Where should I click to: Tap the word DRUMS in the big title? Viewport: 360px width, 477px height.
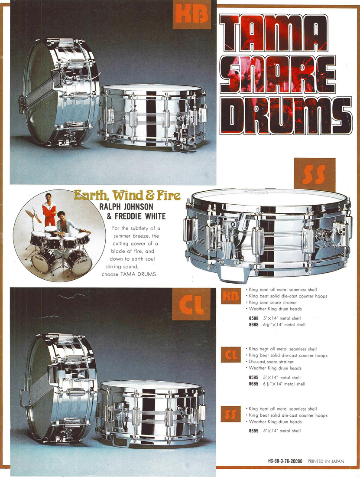coord(285,116)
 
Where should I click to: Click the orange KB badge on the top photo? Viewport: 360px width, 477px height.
coord(192,15)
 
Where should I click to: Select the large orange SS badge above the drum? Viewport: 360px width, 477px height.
coord(315,174)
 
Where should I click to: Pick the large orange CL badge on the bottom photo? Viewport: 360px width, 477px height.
coord(191,304)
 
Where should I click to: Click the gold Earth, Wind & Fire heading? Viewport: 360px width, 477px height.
coord(127,195)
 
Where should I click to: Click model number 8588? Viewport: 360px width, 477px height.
coord(254,318)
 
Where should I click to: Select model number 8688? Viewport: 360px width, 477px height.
coord(254,325)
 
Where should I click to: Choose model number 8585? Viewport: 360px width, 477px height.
coord(254,378)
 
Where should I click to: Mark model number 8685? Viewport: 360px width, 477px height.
coord(254,384)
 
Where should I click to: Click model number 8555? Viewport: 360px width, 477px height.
coord(254,431)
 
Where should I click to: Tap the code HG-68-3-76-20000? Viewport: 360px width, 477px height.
coord(285,461)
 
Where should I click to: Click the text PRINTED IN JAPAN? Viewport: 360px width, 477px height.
coord(326,461)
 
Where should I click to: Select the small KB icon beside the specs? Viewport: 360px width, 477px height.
coord(231,296)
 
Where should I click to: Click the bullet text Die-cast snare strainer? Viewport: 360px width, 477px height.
coord(271,362)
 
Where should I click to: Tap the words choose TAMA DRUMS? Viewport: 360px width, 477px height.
coord(129,274)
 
